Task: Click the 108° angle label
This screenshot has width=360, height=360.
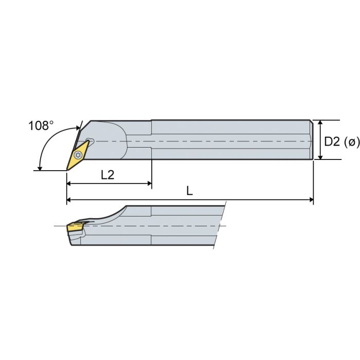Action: pyautogui.click(x=41, y=125)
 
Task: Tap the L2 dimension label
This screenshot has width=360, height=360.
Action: pyautogui.click(x=107, y=175)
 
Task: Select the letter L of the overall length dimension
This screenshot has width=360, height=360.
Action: pyautogui.click(x=190, y=191)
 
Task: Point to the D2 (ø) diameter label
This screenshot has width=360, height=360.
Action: pyautogui.click(x=341, y=141)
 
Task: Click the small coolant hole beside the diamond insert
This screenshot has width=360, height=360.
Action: pyautogui.click(x=91, y=140)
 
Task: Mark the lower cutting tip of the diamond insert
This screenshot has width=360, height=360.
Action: pyautogui.click(x=68, y=169)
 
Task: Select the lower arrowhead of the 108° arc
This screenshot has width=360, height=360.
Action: pyautogui.click(x=40, y=168)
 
